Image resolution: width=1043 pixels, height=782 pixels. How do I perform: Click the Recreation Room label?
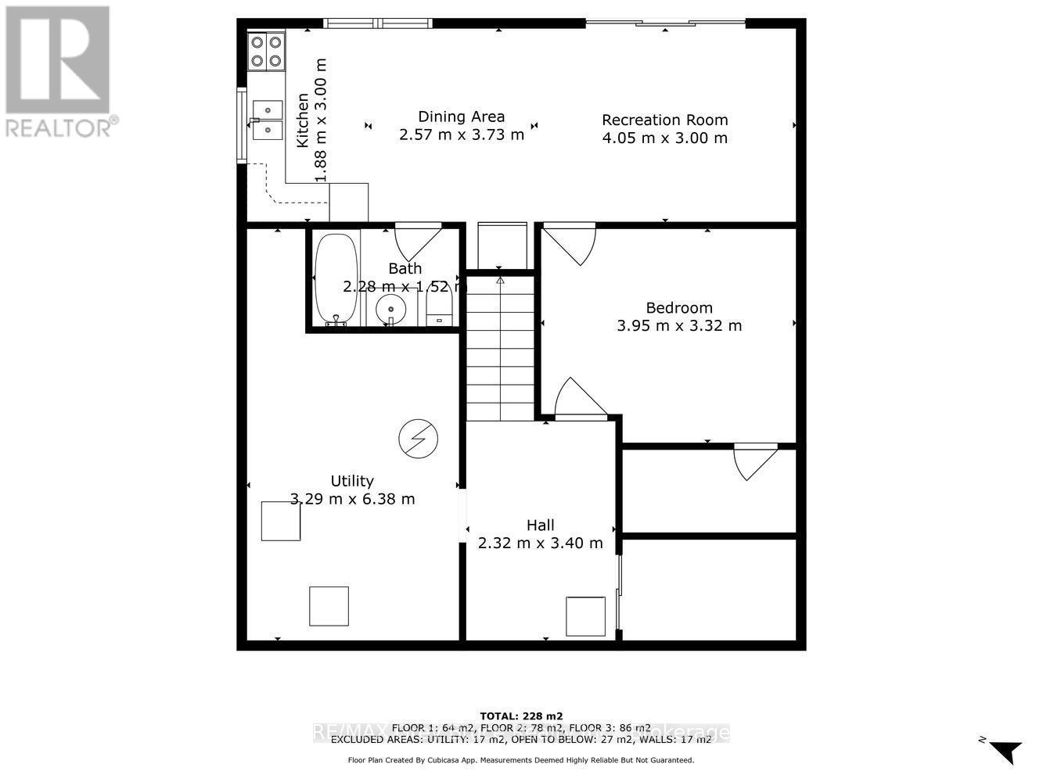click(664, 120)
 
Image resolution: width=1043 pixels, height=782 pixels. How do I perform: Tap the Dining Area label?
click(461, 117)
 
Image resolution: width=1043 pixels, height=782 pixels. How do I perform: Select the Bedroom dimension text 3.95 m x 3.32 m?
click(679, 325)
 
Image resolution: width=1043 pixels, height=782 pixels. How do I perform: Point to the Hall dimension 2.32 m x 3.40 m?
click(541, 543)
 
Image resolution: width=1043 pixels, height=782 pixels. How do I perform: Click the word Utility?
click(352, 481)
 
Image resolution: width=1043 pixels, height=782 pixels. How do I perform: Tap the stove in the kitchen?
click(267, 51)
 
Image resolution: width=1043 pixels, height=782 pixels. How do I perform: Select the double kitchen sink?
click(267, 118)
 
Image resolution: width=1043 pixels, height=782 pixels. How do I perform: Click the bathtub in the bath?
click(336, 278)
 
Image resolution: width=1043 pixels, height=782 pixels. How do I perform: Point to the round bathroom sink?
click(390, 310)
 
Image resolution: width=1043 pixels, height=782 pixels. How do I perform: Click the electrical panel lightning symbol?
click(417, 438)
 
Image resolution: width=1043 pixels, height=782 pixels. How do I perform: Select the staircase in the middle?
click(500, 348)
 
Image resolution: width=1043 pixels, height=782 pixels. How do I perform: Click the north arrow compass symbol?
click(1003, 751)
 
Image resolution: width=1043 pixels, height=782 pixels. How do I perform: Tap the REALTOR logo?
click(59, 71)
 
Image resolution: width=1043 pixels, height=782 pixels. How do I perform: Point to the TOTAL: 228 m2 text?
click(521, 716)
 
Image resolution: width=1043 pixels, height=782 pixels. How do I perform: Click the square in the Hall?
click(585, 616)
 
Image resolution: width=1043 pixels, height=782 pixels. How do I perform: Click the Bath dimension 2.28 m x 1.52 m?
click(404, 286)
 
